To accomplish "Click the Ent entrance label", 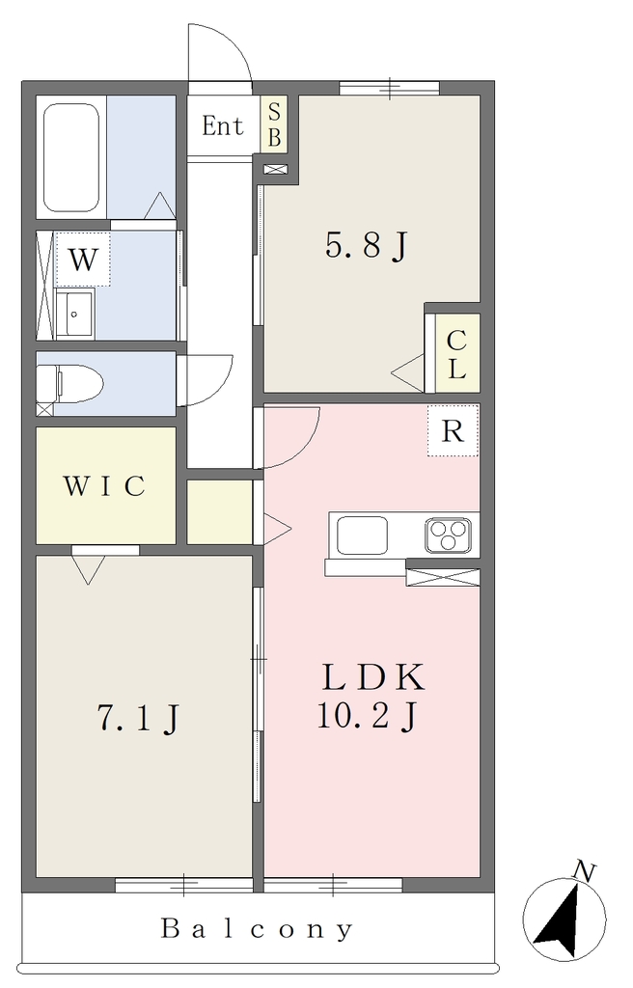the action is (223, 126).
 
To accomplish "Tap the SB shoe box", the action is (274, 123).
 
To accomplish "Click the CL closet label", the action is (456, 355).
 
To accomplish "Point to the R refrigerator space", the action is (453, 431).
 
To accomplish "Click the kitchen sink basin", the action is (362, 535).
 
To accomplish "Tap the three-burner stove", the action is (448, 535).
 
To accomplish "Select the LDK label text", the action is (373, 678).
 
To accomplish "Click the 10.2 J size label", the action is (366, 717).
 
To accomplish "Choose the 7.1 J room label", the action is (137, 718).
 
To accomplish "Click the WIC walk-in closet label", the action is (104, 486).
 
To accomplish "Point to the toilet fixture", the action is (69, 382).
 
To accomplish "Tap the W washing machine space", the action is (83, 259).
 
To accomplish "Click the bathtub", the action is (71, 157).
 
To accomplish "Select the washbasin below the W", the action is (75, 314).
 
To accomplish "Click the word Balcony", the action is (258, 928).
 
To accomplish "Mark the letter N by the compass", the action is (584, 872).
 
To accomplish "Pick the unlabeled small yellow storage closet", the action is (220, 512).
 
